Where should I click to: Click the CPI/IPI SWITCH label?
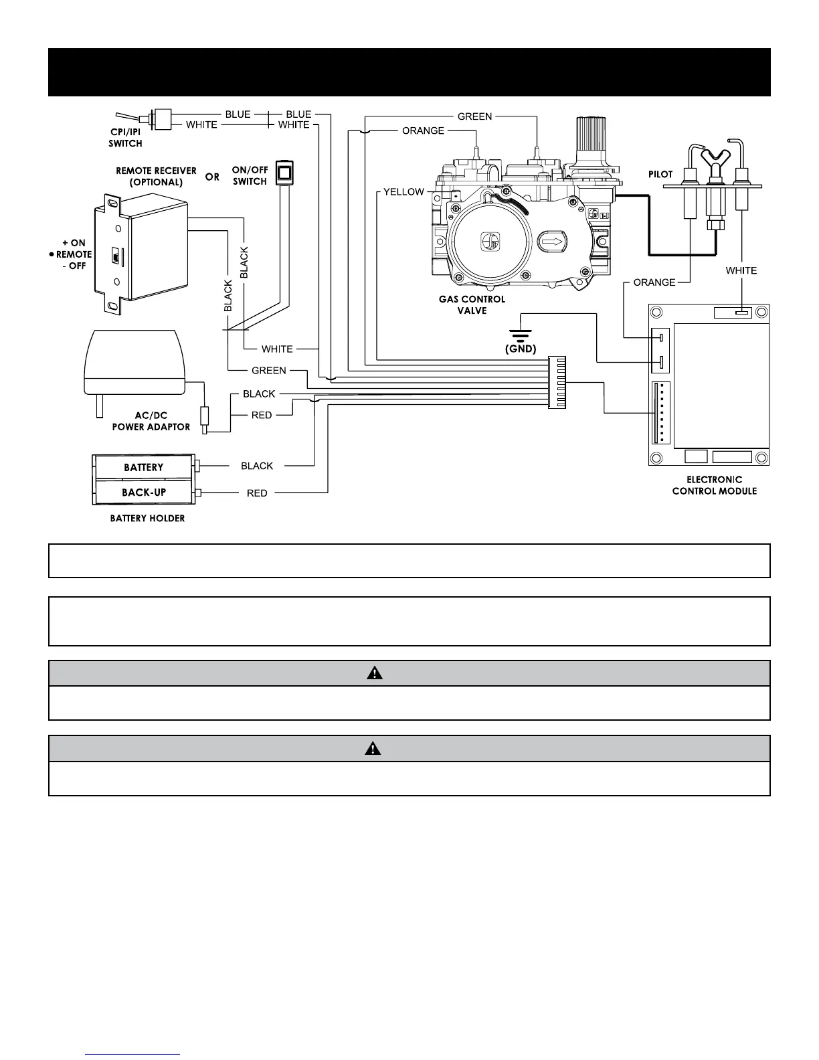[x=125, y=139]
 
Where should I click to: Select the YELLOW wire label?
[x=403, y=192]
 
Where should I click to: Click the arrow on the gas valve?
[x=552, y=240]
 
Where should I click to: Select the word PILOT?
[x=660, y=174]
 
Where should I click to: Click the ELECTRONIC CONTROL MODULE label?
[x=714, y=485]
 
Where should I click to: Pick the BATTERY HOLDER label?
[x=147, y=518]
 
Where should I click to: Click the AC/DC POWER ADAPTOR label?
[x=151, y=421]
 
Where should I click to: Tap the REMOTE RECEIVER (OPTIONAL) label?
[x=156, y=176]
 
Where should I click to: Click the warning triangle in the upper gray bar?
[x=375, y=673]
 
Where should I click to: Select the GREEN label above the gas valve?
[x=474, y=116]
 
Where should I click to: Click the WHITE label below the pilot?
[x=741, y=270]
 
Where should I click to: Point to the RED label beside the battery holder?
[x=257, y=493]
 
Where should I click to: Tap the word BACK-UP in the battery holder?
[x=144, y=493]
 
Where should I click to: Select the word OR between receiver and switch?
[x=212, y=177]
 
